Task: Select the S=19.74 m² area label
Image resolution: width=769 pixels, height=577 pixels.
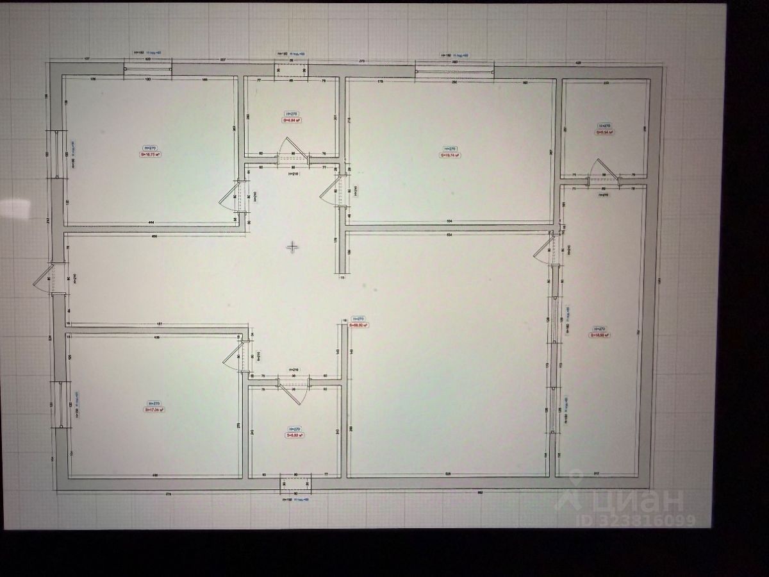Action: pos(450,155)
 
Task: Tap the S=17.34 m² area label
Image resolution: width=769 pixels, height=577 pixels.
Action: pos(154,410)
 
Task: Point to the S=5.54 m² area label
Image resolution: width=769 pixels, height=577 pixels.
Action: pos(604,133)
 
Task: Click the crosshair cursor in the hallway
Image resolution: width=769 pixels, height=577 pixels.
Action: pos(292,247)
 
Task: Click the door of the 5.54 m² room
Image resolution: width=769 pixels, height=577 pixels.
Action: pos(604,170)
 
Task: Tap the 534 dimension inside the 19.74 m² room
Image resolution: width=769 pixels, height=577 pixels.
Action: pos(449,221)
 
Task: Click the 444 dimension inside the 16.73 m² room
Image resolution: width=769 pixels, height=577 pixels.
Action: pos(151,222)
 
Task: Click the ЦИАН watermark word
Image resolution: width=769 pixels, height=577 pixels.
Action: pos(634,498)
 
